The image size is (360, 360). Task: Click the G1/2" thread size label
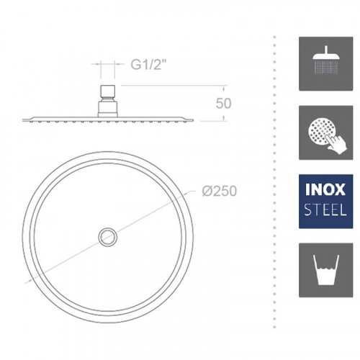point(148,64)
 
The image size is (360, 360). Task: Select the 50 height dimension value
point(223,103)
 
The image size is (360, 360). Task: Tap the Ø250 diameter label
point(220,191)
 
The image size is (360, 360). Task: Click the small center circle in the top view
point(108,237)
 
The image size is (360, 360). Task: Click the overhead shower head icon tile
point(325,63)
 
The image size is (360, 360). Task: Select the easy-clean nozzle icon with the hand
point(325,132)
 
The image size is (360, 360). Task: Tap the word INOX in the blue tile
point(325,189)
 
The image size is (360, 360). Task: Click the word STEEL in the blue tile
point(325,210)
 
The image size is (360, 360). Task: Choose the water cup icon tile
point(325,270)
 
